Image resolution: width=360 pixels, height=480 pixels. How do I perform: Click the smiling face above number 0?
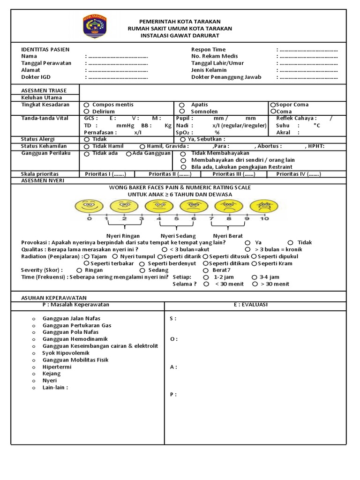pyautogui.click(x=89, y=206)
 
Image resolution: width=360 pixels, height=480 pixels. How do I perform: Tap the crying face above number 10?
pyautogui.click(x=264, y=206)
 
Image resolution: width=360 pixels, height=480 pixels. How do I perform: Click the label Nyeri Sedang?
pyautogui.click(x=178, y=236)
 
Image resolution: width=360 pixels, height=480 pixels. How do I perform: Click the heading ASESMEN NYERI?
pyautogui.click(x=43, y=180)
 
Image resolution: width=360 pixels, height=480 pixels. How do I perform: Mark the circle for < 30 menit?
pyautogui.click(x=206, y=284)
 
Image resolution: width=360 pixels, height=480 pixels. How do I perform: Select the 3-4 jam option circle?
pyautogui.click(x=255, y=277)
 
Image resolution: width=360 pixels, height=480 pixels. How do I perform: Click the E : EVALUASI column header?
pyautogui.click(x=251, y=305)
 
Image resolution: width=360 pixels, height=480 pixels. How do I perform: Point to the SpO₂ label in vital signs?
pyautogui.click(x=184, y=133)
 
